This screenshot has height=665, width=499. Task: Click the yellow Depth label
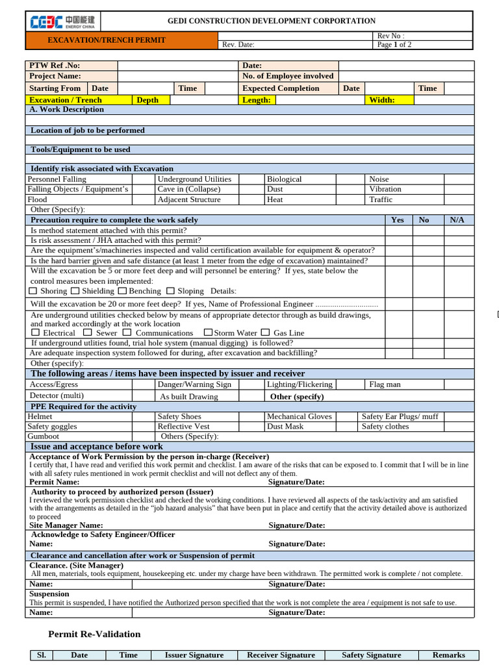pos(147,100)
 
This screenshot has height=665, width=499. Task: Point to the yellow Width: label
pos(382,100)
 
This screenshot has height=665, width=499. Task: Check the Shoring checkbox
pos(34,291)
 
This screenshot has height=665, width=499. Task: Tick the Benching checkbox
pos(122,291)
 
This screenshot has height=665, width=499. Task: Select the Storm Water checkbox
pos(208,332)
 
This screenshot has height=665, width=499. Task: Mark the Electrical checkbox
pos(36,332)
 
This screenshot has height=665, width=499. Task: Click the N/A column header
pos(457,220)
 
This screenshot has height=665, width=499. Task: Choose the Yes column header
pos(398,220)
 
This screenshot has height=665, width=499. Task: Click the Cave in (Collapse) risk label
pos(188,190)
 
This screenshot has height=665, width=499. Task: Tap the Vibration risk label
pos(385,190)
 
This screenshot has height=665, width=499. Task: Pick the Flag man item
pos(385,384)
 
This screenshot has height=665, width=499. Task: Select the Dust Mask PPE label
pos(285,427)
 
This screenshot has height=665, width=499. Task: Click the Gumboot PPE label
pos(43,437)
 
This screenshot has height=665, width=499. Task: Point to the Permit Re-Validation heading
pos(94,634)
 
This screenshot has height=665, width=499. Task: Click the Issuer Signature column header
pos(194,655)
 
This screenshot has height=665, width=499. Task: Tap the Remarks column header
pos(449,655)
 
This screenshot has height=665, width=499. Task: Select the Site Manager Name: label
pos(66,525)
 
